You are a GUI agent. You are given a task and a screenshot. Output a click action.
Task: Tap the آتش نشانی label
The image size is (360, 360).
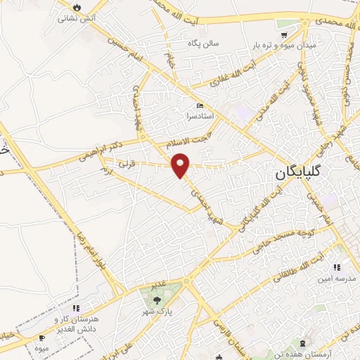point(75,18)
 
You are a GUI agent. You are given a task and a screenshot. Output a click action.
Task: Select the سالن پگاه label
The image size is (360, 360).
point(202,44)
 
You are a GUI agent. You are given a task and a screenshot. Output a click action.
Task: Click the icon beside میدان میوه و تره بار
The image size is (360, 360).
point(285,33)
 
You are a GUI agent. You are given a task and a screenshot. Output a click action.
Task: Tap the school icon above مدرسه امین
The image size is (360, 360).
point(337,267)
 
